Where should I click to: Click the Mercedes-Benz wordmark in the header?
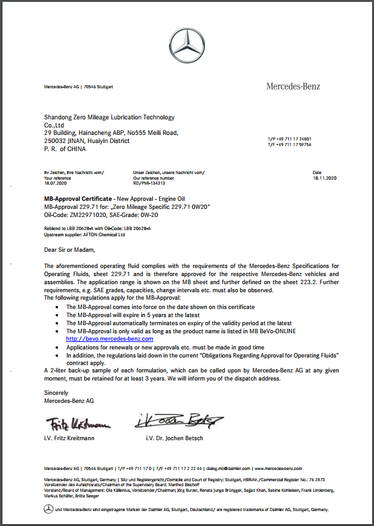pos(293,86)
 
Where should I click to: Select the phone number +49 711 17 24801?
pos(292,139)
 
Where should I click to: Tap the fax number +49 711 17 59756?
pos(292,144)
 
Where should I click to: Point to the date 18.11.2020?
pos(324,178)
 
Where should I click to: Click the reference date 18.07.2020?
pos(55,183)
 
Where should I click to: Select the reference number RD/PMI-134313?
pos(152,183)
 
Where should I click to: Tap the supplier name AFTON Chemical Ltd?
pos(98,236)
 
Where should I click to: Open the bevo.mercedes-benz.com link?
pos(109,339)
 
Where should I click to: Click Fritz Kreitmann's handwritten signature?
pos(78,424)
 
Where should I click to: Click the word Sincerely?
pos(56,393)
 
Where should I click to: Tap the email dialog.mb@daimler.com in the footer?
pos(227,468)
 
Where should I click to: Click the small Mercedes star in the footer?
pos(48,509)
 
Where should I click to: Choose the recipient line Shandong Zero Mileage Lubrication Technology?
pos(109,117)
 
